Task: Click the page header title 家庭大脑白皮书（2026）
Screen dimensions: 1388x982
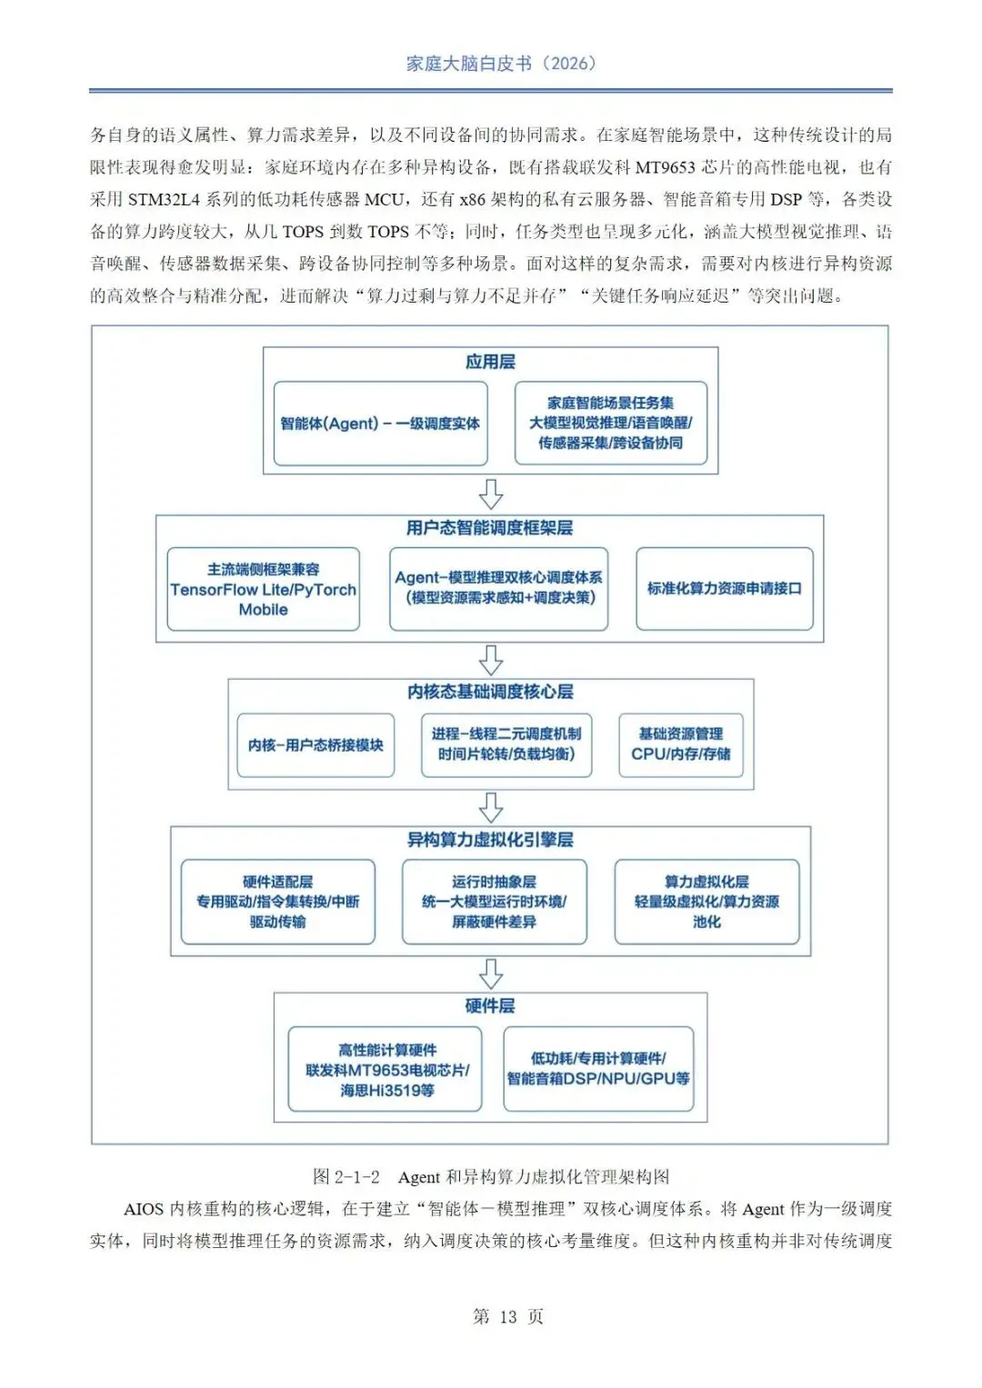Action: coord(501,64)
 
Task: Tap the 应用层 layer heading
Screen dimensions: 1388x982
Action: coord(490,362)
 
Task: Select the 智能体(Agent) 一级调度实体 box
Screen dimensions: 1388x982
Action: coord(380,424)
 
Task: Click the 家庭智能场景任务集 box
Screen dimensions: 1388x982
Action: coord(610,423)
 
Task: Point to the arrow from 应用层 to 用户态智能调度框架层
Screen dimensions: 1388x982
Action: coord(491,494)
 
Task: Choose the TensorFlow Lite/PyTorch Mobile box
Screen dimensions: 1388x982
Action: coord(263,589)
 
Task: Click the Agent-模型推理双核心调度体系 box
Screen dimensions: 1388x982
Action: coord(498,588)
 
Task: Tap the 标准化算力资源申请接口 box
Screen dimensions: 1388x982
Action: coord(724,588)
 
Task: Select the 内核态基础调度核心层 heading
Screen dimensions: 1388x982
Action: coord(490,692)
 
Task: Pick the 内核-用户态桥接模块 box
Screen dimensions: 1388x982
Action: coord(316,745)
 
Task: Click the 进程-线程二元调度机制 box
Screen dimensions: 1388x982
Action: coord(506,744)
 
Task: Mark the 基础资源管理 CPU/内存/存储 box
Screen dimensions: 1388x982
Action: coord(680,744)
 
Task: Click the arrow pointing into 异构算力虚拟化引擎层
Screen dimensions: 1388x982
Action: coord(491,806)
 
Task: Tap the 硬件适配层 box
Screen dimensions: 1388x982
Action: coord(277,902)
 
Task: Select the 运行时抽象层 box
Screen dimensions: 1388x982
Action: coord(494,902)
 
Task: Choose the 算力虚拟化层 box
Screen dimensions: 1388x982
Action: coord(706,902)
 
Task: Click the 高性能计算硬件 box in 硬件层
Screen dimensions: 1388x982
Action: coord(385,1070)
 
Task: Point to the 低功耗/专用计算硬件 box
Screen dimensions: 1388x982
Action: coord(598,1069)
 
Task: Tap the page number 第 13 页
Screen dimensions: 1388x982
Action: coord(508,1316)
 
